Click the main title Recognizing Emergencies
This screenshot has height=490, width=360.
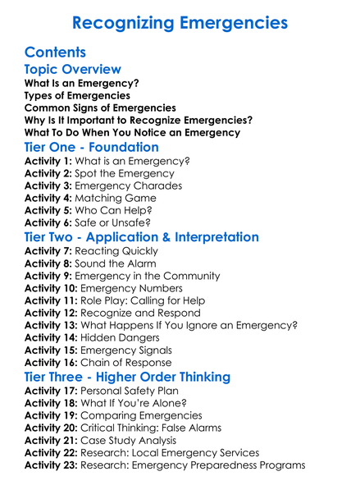click(x=180, y=21)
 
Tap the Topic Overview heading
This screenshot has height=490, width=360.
click(x=73, y=69)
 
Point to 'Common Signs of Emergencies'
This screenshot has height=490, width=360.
click(x=100, y=108)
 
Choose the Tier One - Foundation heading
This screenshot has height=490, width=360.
click(x=92, y=147)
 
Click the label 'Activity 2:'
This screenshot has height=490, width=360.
click(x=48, y=174)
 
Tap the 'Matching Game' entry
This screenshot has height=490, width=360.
click(x=112, y=198)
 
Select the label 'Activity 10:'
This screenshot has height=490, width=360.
click(x=51, y=288)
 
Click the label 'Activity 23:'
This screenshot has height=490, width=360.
click(x=51, y=465)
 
